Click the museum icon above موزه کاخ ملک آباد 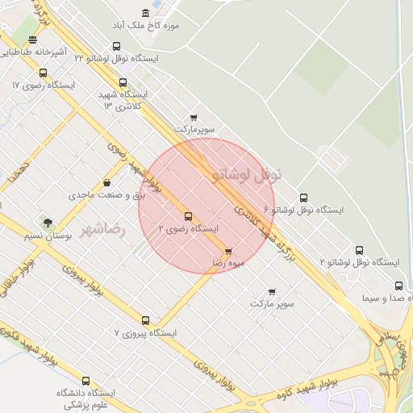coord(145,14)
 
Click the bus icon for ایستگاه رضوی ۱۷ coord(43,73)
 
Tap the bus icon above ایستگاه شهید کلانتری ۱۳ coord(123,82)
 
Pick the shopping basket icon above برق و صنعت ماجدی coord(106,182)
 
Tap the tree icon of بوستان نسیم coord(48,223)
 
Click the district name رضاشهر coord(104,229)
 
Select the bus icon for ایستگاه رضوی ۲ coord(189,216)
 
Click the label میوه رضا coord(228,263)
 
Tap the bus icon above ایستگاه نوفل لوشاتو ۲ coord(359,250)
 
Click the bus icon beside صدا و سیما coord(398,286)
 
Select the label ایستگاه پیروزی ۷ coord(145,332)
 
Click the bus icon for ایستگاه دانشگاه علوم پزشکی coord(86,381)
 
